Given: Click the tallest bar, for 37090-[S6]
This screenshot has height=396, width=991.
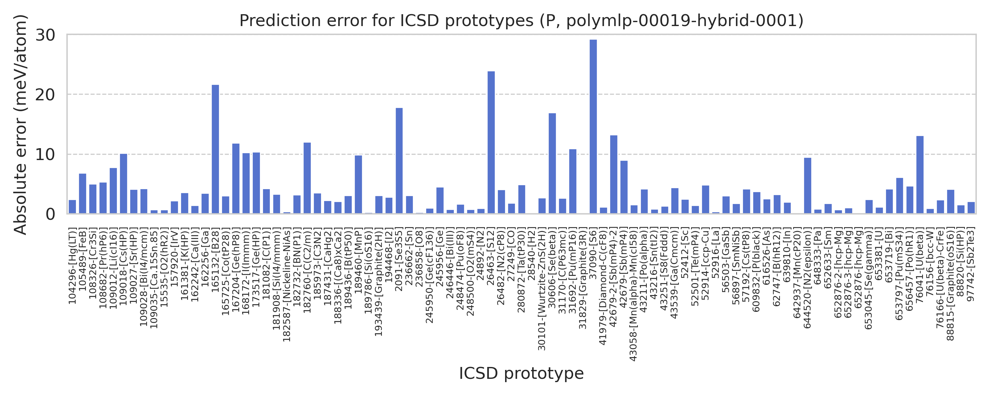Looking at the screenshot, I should click(593, 127).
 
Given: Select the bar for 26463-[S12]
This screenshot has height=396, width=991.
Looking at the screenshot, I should click(491, 142).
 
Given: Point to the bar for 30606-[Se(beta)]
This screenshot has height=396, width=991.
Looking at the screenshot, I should click(552, 163).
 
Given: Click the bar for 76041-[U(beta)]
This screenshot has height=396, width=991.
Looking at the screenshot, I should click(920, 175).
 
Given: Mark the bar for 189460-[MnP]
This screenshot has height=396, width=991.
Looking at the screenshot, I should click(358, 184).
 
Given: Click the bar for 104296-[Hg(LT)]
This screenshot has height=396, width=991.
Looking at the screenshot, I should click(72, 207).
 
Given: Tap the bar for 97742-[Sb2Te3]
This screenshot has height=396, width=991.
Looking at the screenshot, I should click(971, 208).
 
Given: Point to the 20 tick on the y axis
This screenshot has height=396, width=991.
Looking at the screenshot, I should click(45, 95).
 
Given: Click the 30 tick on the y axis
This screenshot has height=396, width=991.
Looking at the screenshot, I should click(45, 35).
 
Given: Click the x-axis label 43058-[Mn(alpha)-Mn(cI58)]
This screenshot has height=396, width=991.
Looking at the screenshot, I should click(633, 294).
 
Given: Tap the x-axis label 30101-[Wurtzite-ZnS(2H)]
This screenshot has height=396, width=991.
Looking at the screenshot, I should click(542, 289).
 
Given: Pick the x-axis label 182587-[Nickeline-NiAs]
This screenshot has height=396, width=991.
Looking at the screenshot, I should click(287, 284).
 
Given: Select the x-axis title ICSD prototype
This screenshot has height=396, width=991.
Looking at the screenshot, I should click(521, 373).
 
